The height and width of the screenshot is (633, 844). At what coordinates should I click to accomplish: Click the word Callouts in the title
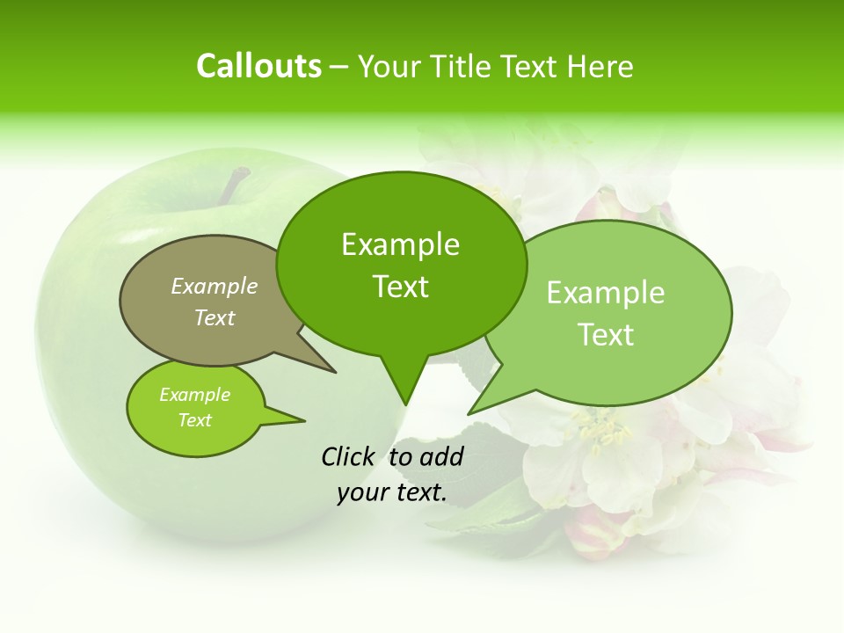(x=258, y=66)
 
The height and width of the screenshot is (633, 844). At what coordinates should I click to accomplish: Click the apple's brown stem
(x=234, y=185)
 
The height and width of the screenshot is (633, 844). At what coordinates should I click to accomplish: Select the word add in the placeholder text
(x=441, y=456)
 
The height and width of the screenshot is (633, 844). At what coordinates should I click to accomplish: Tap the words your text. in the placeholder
(x=392, y=492)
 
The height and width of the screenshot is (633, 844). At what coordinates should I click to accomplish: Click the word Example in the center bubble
(x=400, y=244)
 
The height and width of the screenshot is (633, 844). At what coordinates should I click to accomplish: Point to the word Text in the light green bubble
(x=606, y=335)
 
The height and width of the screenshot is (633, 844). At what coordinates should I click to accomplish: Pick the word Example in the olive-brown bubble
(x=214, y=286)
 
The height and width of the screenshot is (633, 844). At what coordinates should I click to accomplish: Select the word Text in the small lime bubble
(x=195, y=420)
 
